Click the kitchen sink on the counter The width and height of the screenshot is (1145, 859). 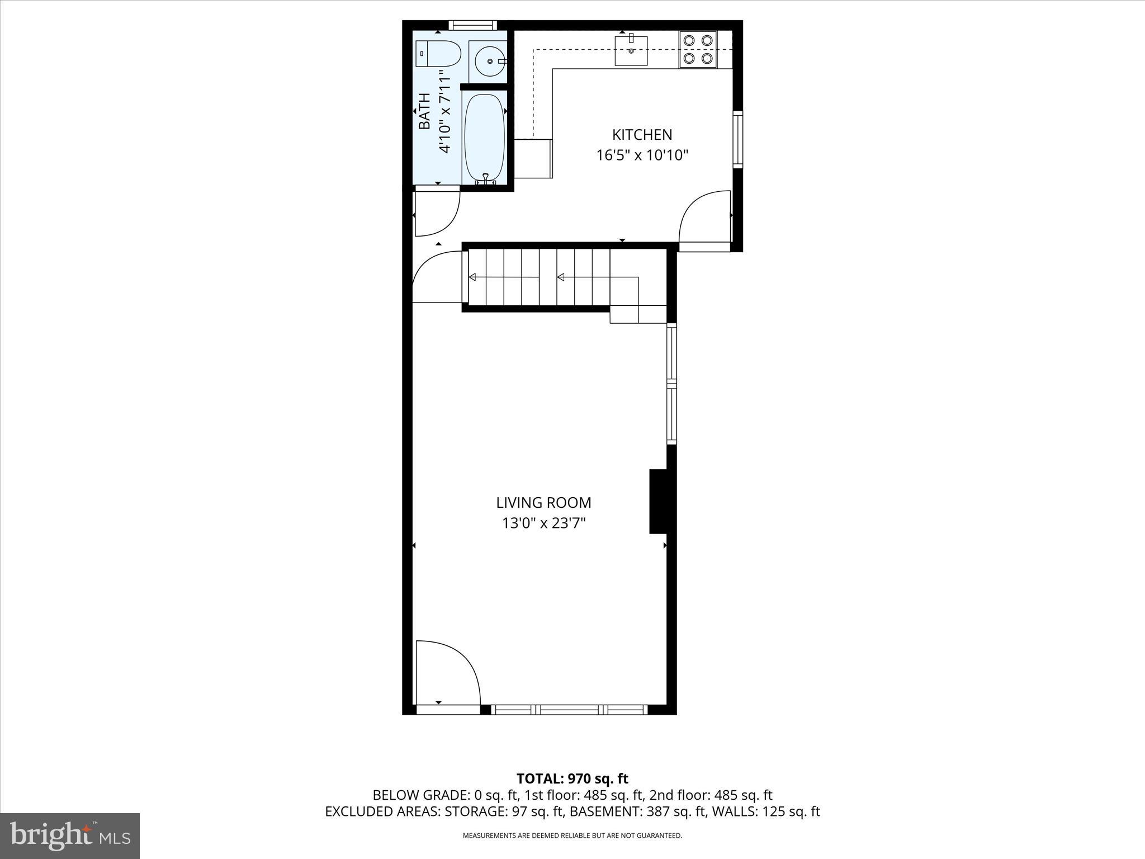(631, 50)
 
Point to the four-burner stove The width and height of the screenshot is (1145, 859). (698, 49)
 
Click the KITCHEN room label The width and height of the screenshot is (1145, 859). (642, 135)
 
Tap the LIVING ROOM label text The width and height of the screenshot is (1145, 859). (543, 503)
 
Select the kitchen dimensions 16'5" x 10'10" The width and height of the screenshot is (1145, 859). (642, 155)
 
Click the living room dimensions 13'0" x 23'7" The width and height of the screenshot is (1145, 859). (543, 523)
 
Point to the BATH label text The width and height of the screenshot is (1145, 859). (425, 111)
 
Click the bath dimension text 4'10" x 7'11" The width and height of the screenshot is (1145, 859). (445, 111)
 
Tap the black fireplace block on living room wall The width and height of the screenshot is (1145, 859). (658, 501)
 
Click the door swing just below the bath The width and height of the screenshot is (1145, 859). (437, 213)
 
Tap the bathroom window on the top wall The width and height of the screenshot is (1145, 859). (473, 25)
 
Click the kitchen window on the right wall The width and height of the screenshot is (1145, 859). (738, 139)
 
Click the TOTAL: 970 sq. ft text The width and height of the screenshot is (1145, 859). (572, 778)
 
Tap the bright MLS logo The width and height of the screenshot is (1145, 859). (70, 836)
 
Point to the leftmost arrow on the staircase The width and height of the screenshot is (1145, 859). (472, 277)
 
